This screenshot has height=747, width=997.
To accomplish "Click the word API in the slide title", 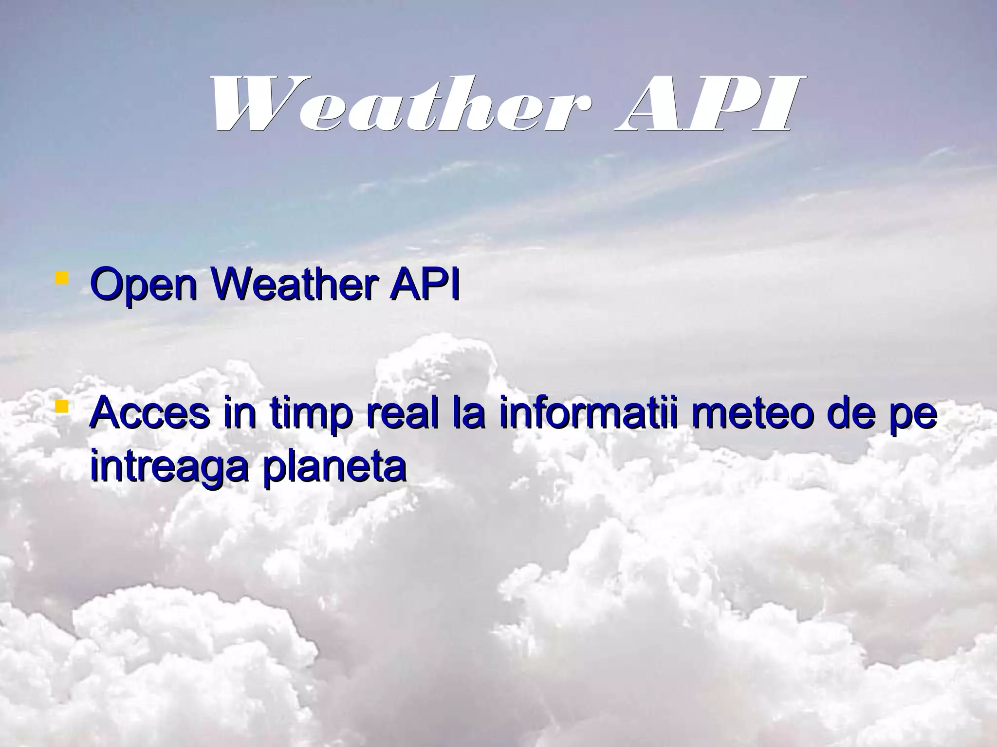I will point(703,104).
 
